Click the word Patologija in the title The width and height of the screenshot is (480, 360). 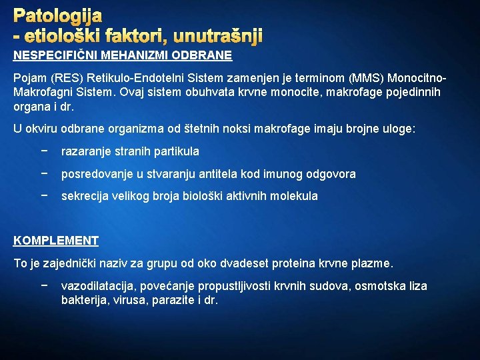click(57, 15)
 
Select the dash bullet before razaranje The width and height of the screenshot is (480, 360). click(44, 151)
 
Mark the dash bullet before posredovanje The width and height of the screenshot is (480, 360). click(44, 174)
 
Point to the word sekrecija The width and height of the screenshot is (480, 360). click(85, 196)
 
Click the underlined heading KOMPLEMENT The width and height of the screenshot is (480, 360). click(56, 241)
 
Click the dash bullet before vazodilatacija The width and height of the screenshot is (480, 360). click(44, 286)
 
